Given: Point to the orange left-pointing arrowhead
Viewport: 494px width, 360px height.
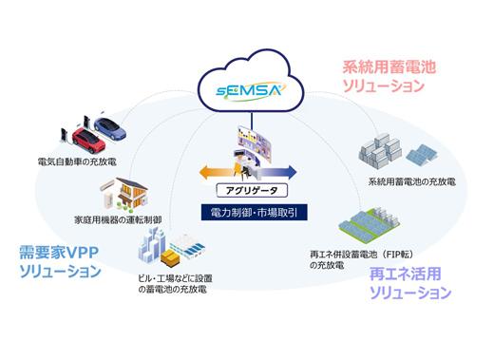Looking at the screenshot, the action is pos(202,172).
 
